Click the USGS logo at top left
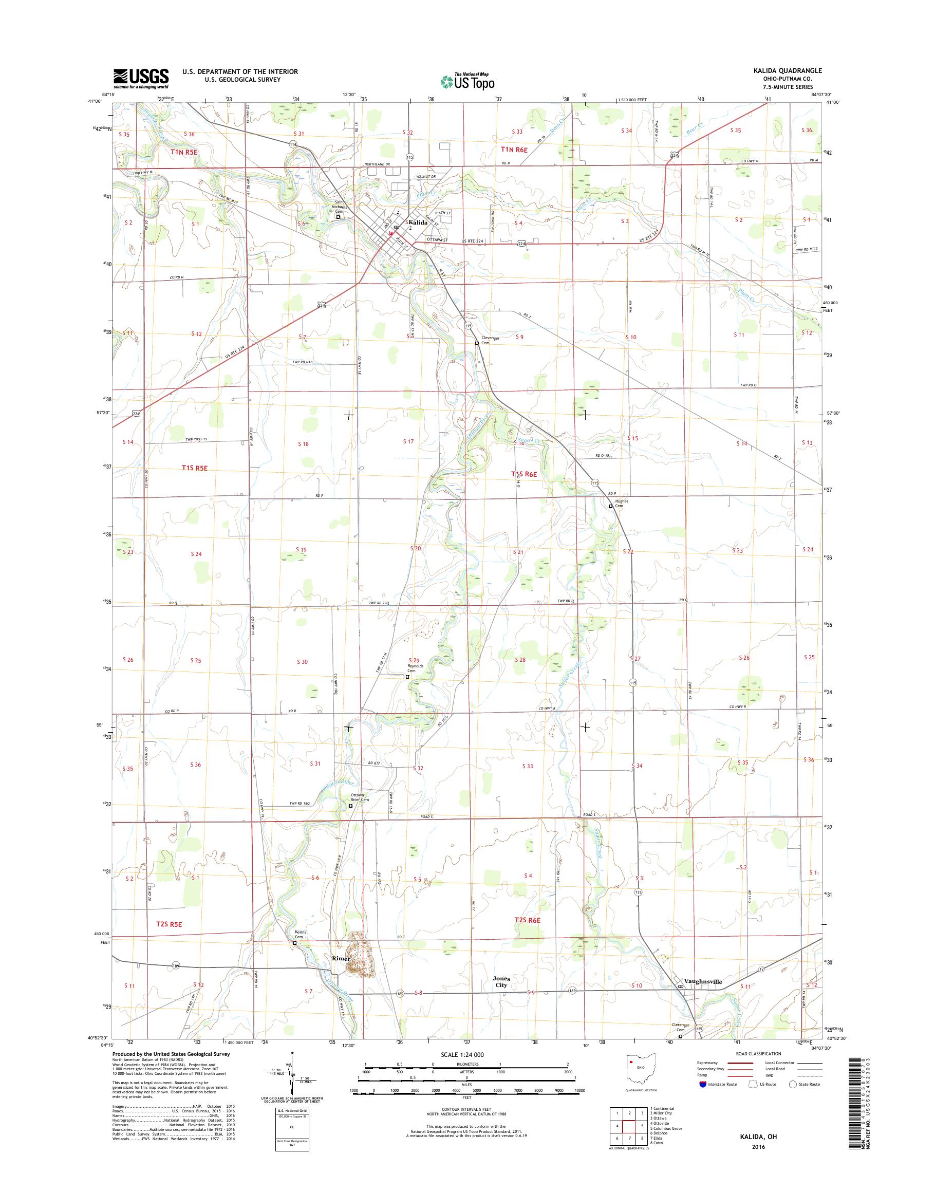(141, 79)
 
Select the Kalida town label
(417, 222)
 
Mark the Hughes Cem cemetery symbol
(611, 507)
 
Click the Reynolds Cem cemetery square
(407, 677)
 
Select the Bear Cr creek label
(693, 131)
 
